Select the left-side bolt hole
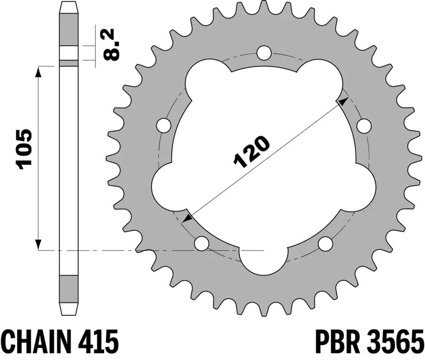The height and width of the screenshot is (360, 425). [165, 125]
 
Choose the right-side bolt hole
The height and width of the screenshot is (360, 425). [363, 125]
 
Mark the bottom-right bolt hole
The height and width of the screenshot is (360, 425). [325, 244]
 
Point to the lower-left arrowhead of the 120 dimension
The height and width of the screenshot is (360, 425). [186, 217]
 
